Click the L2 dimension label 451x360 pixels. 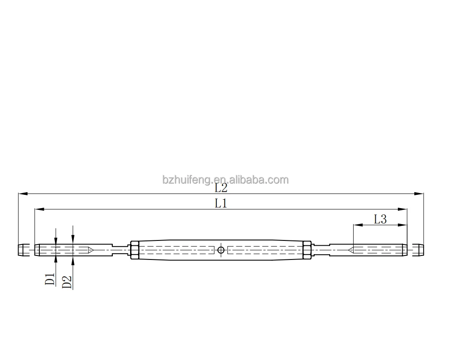pos(221,188)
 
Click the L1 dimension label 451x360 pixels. pos(221,204)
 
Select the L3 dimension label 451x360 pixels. pos(380,219)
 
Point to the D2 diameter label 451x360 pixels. pos(67,282)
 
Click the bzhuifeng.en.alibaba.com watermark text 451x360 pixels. pos(225,180)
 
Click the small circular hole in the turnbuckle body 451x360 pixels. pos(221,250)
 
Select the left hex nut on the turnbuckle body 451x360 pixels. pos(135,250)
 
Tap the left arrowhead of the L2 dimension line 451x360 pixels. pos(22,194)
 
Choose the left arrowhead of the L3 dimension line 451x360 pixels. pos(357,225)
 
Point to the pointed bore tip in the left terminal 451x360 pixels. pos(91,250)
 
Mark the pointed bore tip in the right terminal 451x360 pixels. pos(351,250)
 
